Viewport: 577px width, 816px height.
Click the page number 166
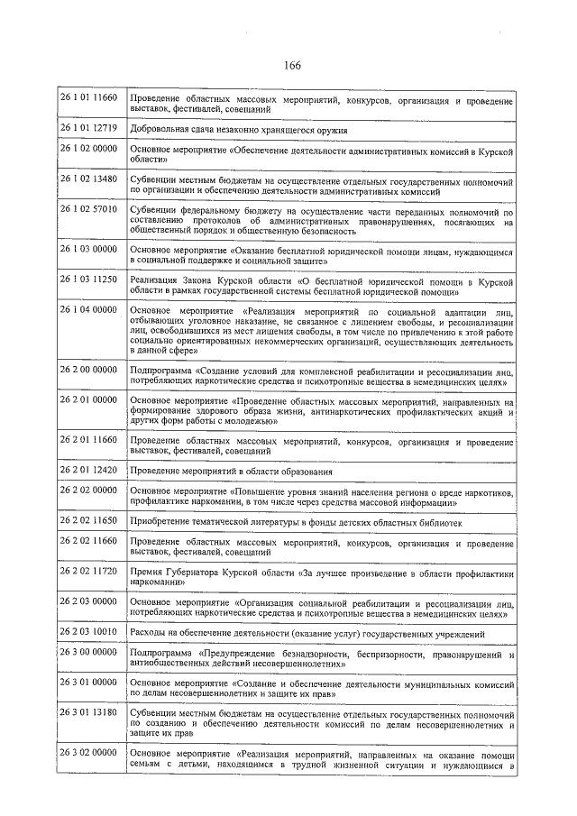[291, 64]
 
